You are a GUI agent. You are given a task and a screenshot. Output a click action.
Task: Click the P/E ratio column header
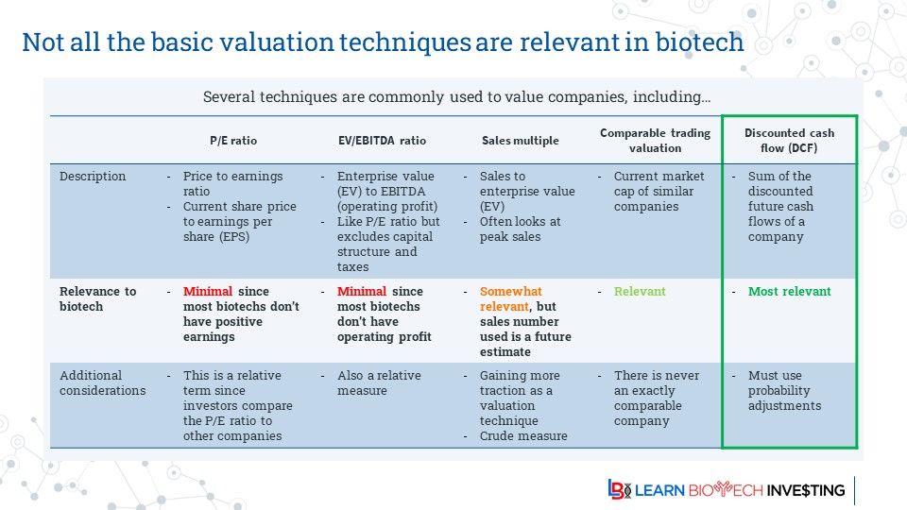coord(233,141)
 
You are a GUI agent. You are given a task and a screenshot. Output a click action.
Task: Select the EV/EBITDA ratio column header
coord(382,141)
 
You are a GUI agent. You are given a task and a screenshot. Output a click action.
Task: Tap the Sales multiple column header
coord(520,141)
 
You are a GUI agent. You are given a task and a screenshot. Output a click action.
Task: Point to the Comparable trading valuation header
coord(655,141)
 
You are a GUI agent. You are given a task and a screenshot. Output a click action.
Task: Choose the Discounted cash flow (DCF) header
coord(789,141)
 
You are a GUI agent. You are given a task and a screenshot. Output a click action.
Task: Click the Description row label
coord(93,177)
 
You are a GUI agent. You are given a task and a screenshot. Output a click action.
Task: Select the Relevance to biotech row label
coord(97,299)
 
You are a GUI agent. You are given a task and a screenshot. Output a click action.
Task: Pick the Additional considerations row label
coord(102,382)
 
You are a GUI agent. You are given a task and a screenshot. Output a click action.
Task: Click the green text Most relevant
coord(789,292)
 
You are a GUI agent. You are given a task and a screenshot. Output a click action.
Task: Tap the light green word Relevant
coord(640,292)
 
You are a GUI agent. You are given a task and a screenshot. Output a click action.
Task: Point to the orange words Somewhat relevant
coord(510,299)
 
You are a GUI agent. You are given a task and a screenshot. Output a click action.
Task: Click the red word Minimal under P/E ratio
coord(208,292)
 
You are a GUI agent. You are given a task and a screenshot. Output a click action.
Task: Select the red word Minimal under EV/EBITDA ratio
coord(362,292)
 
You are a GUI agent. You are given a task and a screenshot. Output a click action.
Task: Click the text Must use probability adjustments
coord(784,390)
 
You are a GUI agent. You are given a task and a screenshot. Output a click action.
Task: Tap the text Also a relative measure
coord(379,382)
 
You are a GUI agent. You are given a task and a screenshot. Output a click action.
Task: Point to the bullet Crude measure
coord(523,436)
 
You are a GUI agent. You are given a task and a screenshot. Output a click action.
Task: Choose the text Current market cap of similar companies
coord(659,192)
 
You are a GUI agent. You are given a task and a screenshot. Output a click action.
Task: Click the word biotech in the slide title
coord(699,42)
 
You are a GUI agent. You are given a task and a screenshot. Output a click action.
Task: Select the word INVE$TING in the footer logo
coord(806,490)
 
